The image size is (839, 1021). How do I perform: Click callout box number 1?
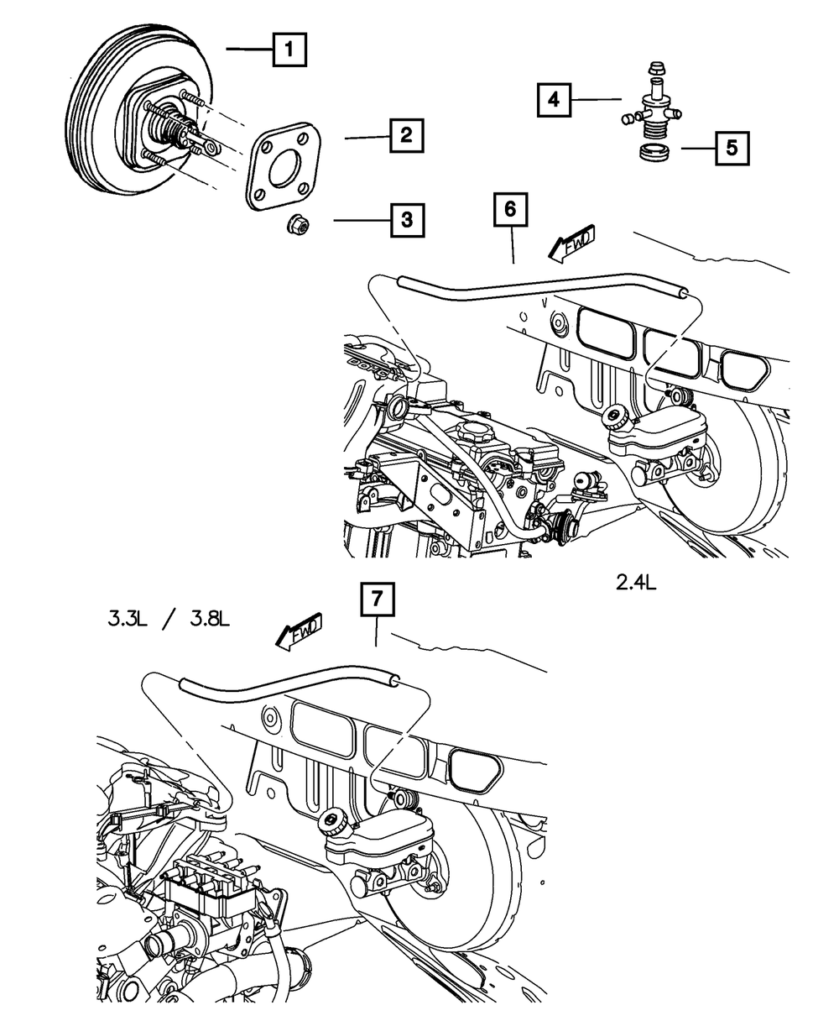289,50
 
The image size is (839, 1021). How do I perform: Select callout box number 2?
406,134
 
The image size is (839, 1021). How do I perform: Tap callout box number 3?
406,221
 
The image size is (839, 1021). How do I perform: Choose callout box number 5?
732,149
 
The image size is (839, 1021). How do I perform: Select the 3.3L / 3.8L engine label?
169,621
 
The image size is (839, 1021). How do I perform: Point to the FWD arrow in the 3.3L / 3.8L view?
298,632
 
